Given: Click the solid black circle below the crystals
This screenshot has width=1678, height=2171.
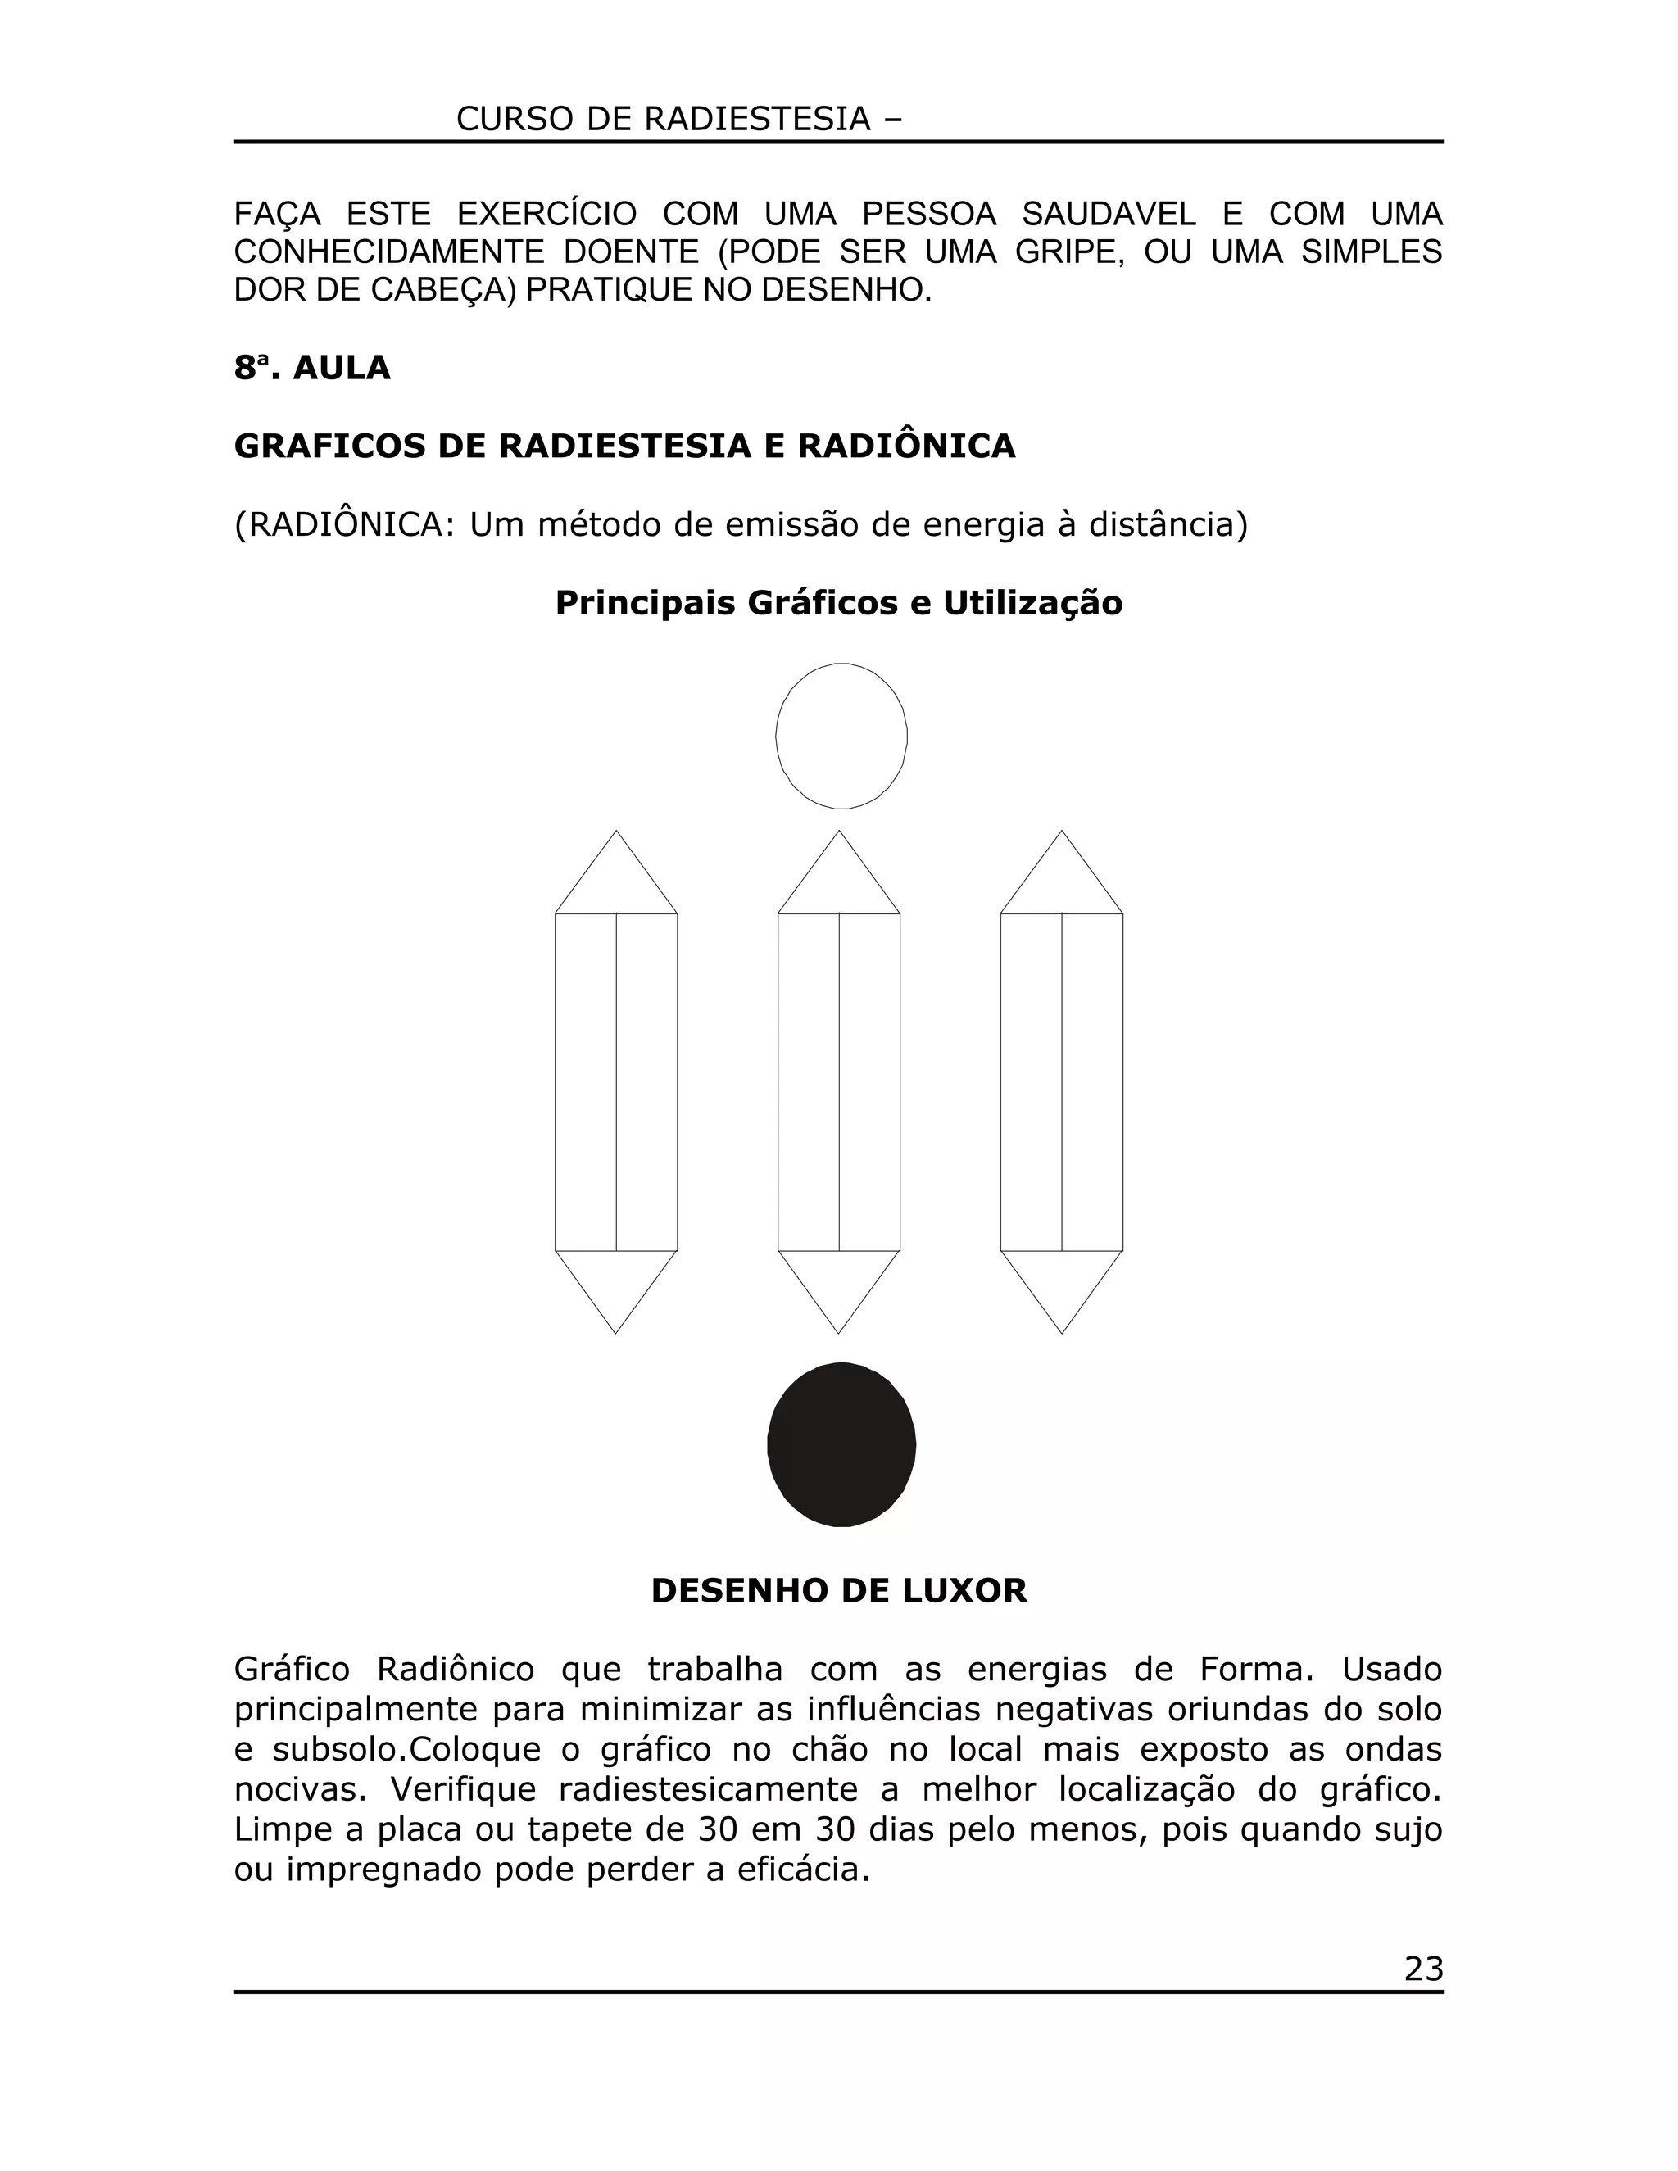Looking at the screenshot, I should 841,1444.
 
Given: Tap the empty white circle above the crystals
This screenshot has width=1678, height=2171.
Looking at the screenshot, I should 841,736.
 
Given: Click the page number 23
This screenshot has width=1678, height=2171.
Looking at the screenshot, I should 1422,1969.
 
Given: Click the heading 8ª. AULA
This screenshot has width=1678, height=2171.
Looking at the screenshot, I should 312,369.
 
